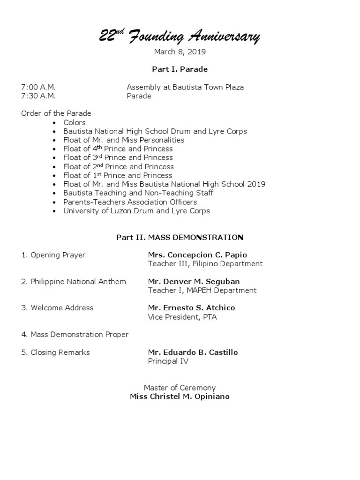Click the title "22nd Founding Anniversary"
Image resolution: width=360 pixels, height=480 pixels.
pos(180,37)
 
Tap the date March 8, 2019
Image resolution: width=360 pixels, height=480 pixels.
pos(180,52)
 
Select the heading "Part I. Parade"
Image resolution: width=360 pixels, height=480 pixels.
pos(180,69)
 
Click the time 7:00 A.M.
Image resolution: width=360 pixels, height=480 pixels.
pos(38,87)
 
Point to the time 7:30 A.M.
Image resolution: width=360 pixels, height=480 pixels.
pos(38,96)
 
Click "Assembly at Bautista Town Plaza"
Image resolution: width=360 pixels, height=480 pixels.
pos(185,87)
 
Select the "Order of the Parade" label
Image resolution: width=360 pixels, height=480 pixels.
pos(56,113)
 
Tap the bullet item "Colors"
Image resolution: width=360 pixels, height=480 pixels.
pos(75,122)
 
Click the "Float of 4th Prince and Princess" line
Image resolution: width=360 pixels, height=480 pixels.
pos(118,149)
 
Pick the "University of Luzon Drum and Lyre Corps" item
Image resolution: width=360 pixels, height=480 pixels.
pos(136,211)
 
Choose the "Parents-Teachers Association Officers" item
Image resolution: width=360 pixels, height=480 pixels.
pos(130,202)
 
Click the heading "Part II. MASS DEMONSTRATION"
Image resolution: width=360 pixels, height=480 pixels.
pos(180,238)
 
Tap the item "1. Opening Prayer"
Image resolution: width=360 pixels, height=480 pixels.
pos(53,255)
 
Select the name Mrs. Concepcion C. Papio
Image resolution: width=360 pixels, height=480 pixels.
pos(197,255)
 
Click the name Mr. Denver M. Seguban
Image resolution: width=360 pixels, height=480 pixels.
pos(194,282)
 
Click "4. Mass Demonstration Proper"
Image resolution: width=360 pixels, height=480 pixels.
pos(75,335)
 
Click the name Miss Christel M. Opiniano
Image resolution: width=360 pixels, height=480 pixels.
pos(180,397)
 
